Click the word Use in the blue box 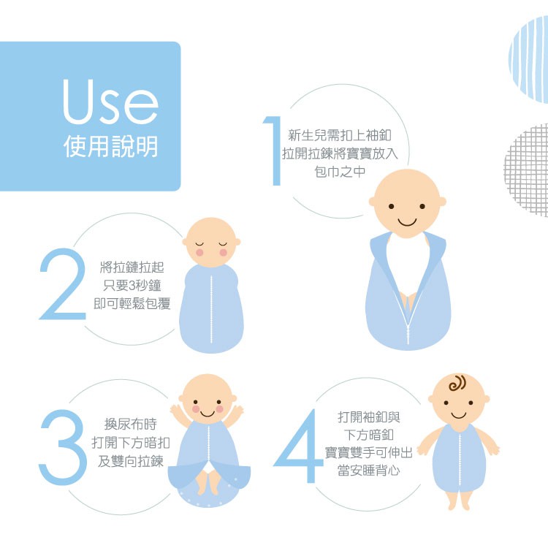pyautogui.click(x=110, y=102)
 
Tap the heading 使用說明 pyautogui.click(x=111, y=146)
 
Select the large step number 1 pyautogui.click(x=273, y=151)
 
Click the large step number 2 pyautogui.click(x=63, y=283)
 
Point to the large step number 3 pyautogui.click(x=63, y=447)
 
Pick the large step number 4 pyautogui.click(x=298, y=446)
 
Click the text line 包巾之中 pyautogui.click(x=340, y=172)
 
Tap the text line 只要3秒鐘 pyautogui.click(x=132, y=286)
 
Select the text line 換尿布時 pyautogui.click(x=131, y=424)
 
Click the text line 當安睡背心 pyautogui.click(x=369, y=471)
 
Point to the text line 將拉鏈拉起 pyautogui.click(x=132, y=267)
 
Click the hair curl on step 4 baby pyautogui.click(x=457, y=384)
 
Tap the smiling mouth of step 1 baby pyautogui.click(x=408, y=222)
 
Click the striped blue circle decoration pyautogui.click(x=528, y=59)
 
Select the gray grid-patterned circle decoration pyautogui.click(x=526, y=170)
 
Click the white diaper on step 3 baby pyautogui.click(x=210, y=467)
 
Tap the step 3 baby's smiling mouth pyautogui.click(x=208, y=414)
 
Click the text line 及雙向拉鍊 pyautogui.click(x=131, y=461)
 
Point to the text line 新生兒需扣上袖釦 pyautogui.click(x=340, y=135)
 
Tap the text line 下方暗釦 pyautogui.click(x=369, y=435)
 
